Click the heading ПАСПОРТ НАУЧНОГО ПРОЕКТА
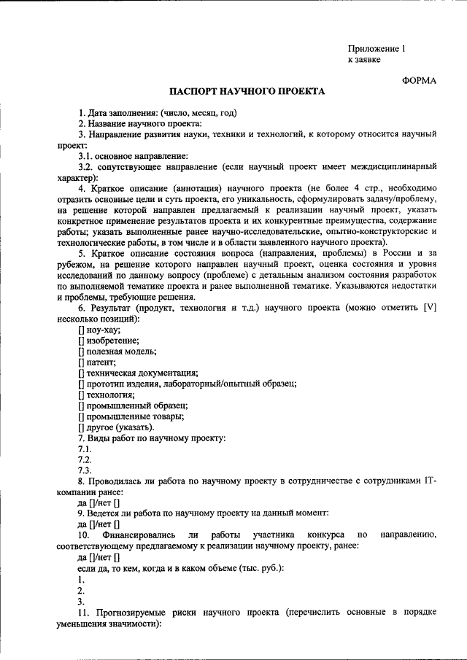pos(247,93)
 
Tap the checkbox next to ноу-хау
pos(80,329)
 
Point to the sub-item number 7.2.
pos(85,459)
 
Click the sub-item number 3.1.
pos(85,156)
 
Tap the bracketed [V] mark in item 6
pos(430,308)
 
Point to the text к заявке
pos(363,60)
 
